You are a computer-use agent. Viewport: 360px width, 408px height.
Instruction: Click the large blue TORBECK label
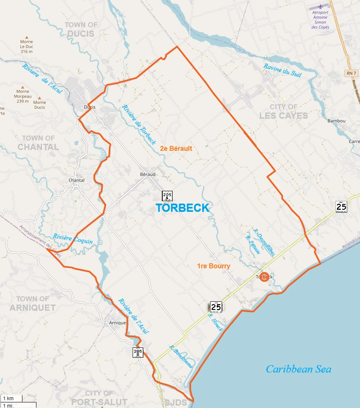coord(182,208)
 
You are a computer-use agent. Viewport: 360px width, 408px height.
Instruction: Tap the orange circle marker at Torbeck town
coord(264,277)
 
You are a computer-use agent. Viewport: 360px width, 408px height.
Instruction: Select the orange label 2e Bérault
coord(176,148)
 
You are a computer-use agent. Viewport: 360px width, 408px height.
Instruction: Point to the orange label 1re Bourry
coord(213,266)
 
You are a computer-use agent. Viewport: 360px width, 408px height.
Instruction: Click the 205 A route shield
coord(167,196)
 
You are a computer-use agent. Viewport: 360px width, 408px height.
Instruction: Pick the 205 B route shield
coord(138,352)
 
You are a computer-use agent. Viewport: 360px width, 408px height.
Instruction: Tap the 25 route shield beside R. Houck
coord(216,307)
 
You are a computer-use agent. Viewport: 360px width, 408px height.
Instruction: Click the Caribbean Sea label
coord(298,369)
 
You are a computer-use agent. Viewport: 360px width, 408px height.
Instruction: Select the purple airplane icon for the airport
coord(320,7)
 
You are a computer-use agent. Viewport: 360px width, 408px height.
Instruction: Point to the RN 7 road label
coord(350,73)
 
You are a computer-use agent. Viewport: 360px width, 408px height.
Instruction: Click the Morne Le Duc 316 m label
coord(26,46)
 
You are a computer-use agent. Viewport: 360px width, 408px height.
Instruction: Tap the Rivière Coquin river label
coord(73,239)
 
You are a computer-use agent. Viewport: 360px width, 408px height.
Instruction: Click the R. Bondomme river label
coord(181,356)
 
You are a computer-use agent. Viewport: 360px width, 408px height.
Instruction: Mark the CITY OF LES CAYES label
coord(283,111)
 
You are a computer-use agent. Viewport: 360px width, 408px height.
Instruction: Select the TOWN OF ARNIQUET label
coord(33,303)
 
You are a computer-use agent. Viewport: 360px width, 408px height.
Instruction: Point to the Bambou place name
coord(336,121)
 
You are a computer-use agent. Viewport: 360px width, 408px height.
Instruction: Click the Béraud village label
coord(147,174)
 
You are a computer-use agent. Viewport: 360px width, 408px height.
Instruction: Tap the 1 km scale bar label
coord(8,399)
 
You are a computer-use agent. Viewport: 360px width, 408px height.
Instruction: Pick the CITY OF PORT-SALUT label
coord(99,398)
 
